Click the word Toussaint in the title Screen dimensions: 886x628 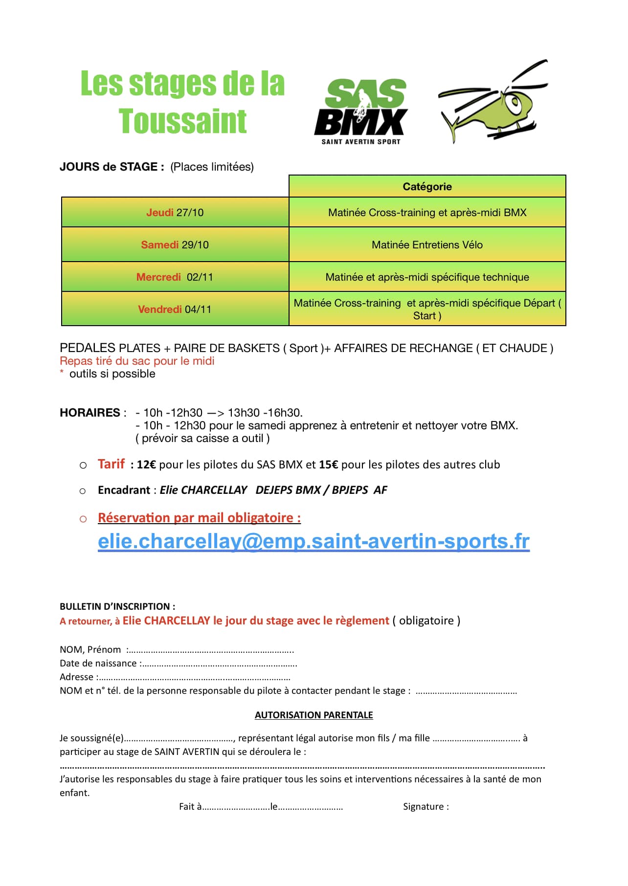coord(182,121)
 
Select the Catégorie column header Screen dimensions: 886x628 coord(427,186)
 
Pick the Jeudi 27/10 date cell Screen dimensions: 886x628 coord(175,213)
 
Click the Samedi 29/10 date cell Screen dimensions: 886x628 coord(175,245)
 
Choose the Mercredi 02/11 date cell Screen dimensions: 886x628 coord(175,277)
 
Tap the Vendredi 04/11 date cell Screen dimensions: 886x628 coord(175,310)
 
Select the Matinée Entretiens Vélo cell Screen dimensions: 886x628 coord(427,245)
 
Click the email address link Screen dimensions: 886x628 coord(314,541)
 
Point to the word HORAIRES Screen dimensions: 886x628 coord(90,413)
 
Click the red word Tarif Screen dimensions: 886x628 coord(111,464)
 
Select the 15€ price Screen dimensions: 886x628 coord(328,465)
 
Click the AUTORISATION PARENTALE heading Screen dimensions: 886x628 coord(314,715)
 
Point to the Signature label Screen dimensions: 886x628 coord(426,807)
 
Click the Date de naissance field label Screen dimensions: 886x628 coord(98,664)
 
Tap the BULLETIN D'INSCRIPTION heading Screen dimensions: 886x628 coord(117,606)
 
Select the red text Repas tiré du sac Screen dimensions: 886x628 coord(137,361)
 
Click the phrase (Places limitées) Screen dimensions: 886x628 coord(212,167)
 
